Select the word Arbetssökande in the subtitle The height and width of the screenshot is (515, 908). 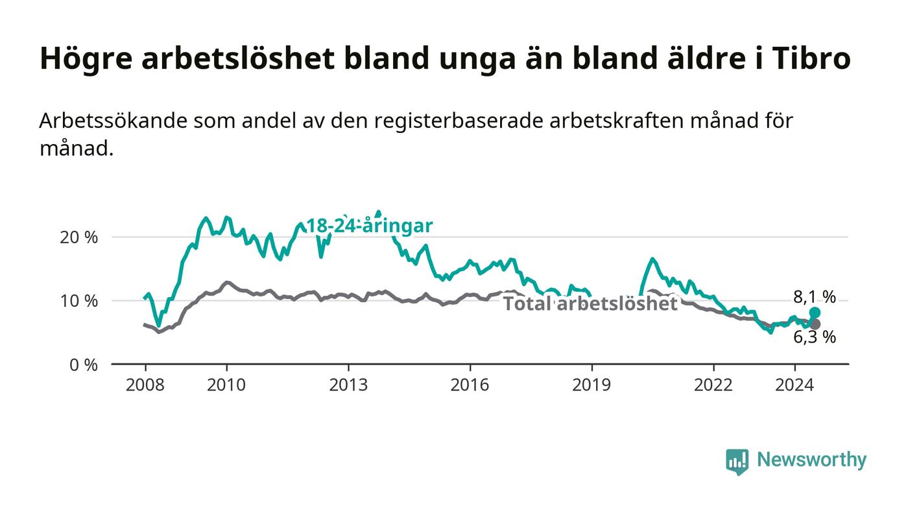click(x=113, y=121)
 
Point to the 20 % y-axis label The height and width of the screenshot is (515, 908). click(x=78, y=237)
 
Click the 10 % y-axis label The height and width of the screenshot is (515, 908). click(x=78, y=302)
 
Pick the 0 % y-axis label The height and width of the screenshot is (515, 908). click(x=84, y=365)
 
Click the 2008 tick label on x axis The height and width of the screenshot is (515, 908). click(x=145, y=385)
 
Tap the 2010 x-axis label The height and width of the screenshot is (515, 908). click(x=226, y=385)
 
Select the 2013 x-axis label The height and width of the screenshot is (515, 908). click(x=348, y=385)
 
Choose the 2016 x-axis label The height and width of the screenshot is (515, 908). click(x=470, y=385)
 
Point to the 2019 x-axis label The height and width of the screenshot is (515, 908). click(x=591, y=385)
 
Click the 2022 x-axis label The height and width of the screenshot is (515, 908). click(x=713, y=385)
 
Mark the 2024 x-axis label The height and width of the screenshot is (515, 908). click(x=794, y=385)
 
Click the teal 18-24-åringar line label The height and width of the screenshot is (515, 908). click(x=369, y=226)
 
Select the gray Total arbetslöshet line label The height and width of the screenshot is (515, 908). click(x=590, y=304)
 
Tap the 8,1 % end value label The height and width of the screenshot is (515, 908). click(x=815, y=297)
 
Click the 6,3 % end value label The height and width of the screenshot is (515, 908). click(x=815, y=337)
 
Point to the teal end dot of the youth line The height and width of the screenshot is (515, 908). click(x=815, y=312)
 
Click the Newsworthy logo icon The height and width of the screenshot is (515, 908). click(x=737, y=462)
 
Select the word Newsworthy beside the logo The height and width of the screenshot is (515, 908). click(x=811, y=460)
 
